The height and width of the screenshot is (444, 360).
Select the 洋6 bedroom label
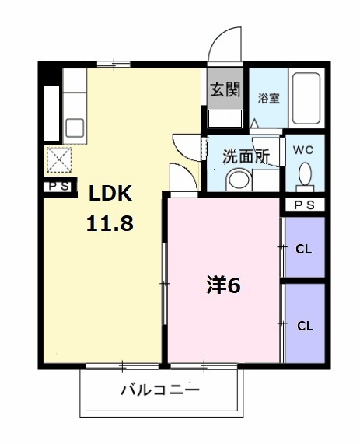coord(223,285)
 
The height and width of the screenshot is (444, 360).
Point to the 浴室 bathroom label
coord(269,100)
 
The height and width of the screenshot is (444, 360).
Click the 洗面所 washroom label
coord(246,156)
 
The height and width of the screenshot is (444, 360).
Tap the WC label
coord(303,149)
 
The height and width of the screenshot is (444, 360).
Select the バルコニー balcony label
coord(160,390)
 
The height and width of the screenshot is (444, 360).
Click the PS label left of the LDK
coord(58,187)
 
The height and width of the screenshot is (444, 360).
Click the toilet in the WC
coord(305,175)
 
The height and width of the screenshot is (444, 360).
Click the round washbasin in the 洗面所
coord(238,180)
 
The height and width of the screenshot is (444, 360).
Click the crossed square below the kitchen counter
coord(58,159)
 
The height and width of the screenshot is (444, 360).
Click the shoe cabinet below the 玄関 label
coord(224,119)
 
